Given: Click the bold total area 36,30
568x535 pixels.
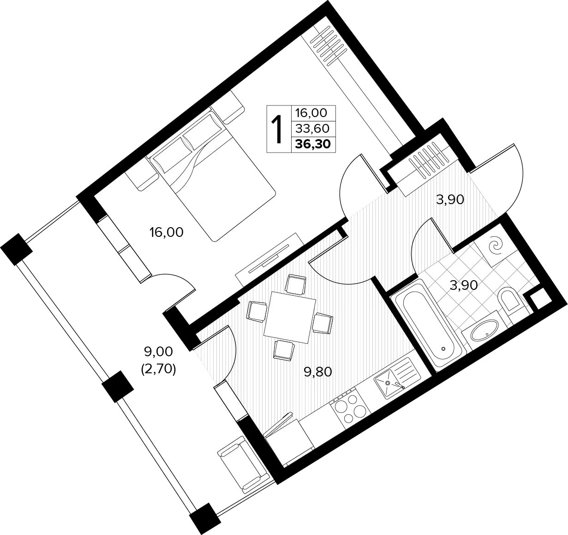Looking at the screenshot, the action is (313, 144).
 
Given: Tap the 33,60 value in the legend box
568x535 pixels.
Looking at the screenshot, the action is (312, 129).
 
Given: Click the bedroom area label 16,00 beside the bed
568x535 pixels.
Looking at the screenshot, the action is (167, 233).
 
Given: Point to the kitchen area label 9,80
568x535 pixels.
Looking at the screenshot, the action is (318, 372).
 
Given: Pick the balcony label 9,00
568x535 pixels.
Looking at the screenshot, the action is (158, 352).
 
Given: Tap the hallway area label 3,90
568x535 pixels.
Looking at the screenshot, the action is (450, 200).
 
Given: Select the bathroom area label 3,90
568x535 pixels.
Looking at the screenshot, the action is (464, 285).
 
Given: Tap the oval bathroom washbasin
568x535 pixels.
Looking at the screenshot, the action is (485, 331).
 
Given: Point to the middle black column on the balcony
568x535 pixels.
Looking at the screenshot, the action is (118, 387).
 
